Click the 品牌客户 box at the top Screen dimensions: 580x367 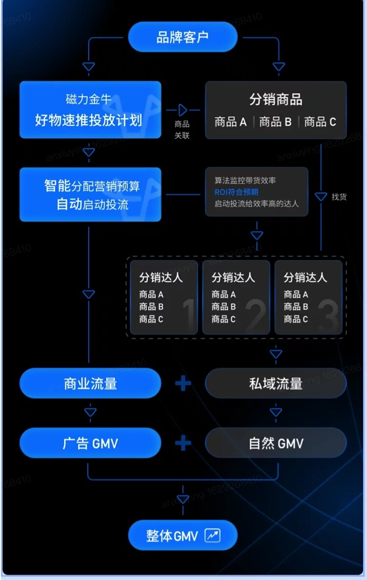pos(183,37)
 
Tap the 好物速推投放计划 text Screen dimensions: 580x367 pos(89,120)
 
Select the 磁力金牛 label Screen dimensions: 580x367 pos(89,99)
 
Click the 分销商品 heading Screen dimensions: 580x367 pos(275,99)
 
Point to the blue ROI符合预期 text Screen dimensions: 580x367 pos(236,192)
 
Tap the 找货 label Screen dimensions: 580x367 pos(339,197)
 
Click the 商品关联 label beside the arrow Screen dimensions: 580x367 pos(182,130)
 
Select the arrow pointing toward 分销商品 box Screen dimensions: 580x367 pos(183,110)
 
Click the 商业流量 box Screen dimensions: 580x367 pos(90,384)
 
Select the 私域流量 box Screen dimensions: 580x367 pos(275,384)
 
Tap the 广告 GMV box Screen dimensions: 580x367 pos(90,444)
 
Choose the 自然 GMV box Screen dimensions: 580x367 pos(275,444)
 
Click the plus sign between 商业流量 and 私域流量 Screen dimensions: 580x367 pos(183,383)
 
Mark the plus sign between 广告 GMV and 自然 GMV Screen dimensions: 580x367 pos(183,443)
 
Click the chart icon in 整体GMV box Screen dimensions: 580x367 pos(212,535)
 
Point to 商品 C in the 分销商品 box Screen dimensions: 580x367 pos(320,122)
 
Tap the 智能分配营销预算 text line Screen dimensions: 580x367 pos(92,186)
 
